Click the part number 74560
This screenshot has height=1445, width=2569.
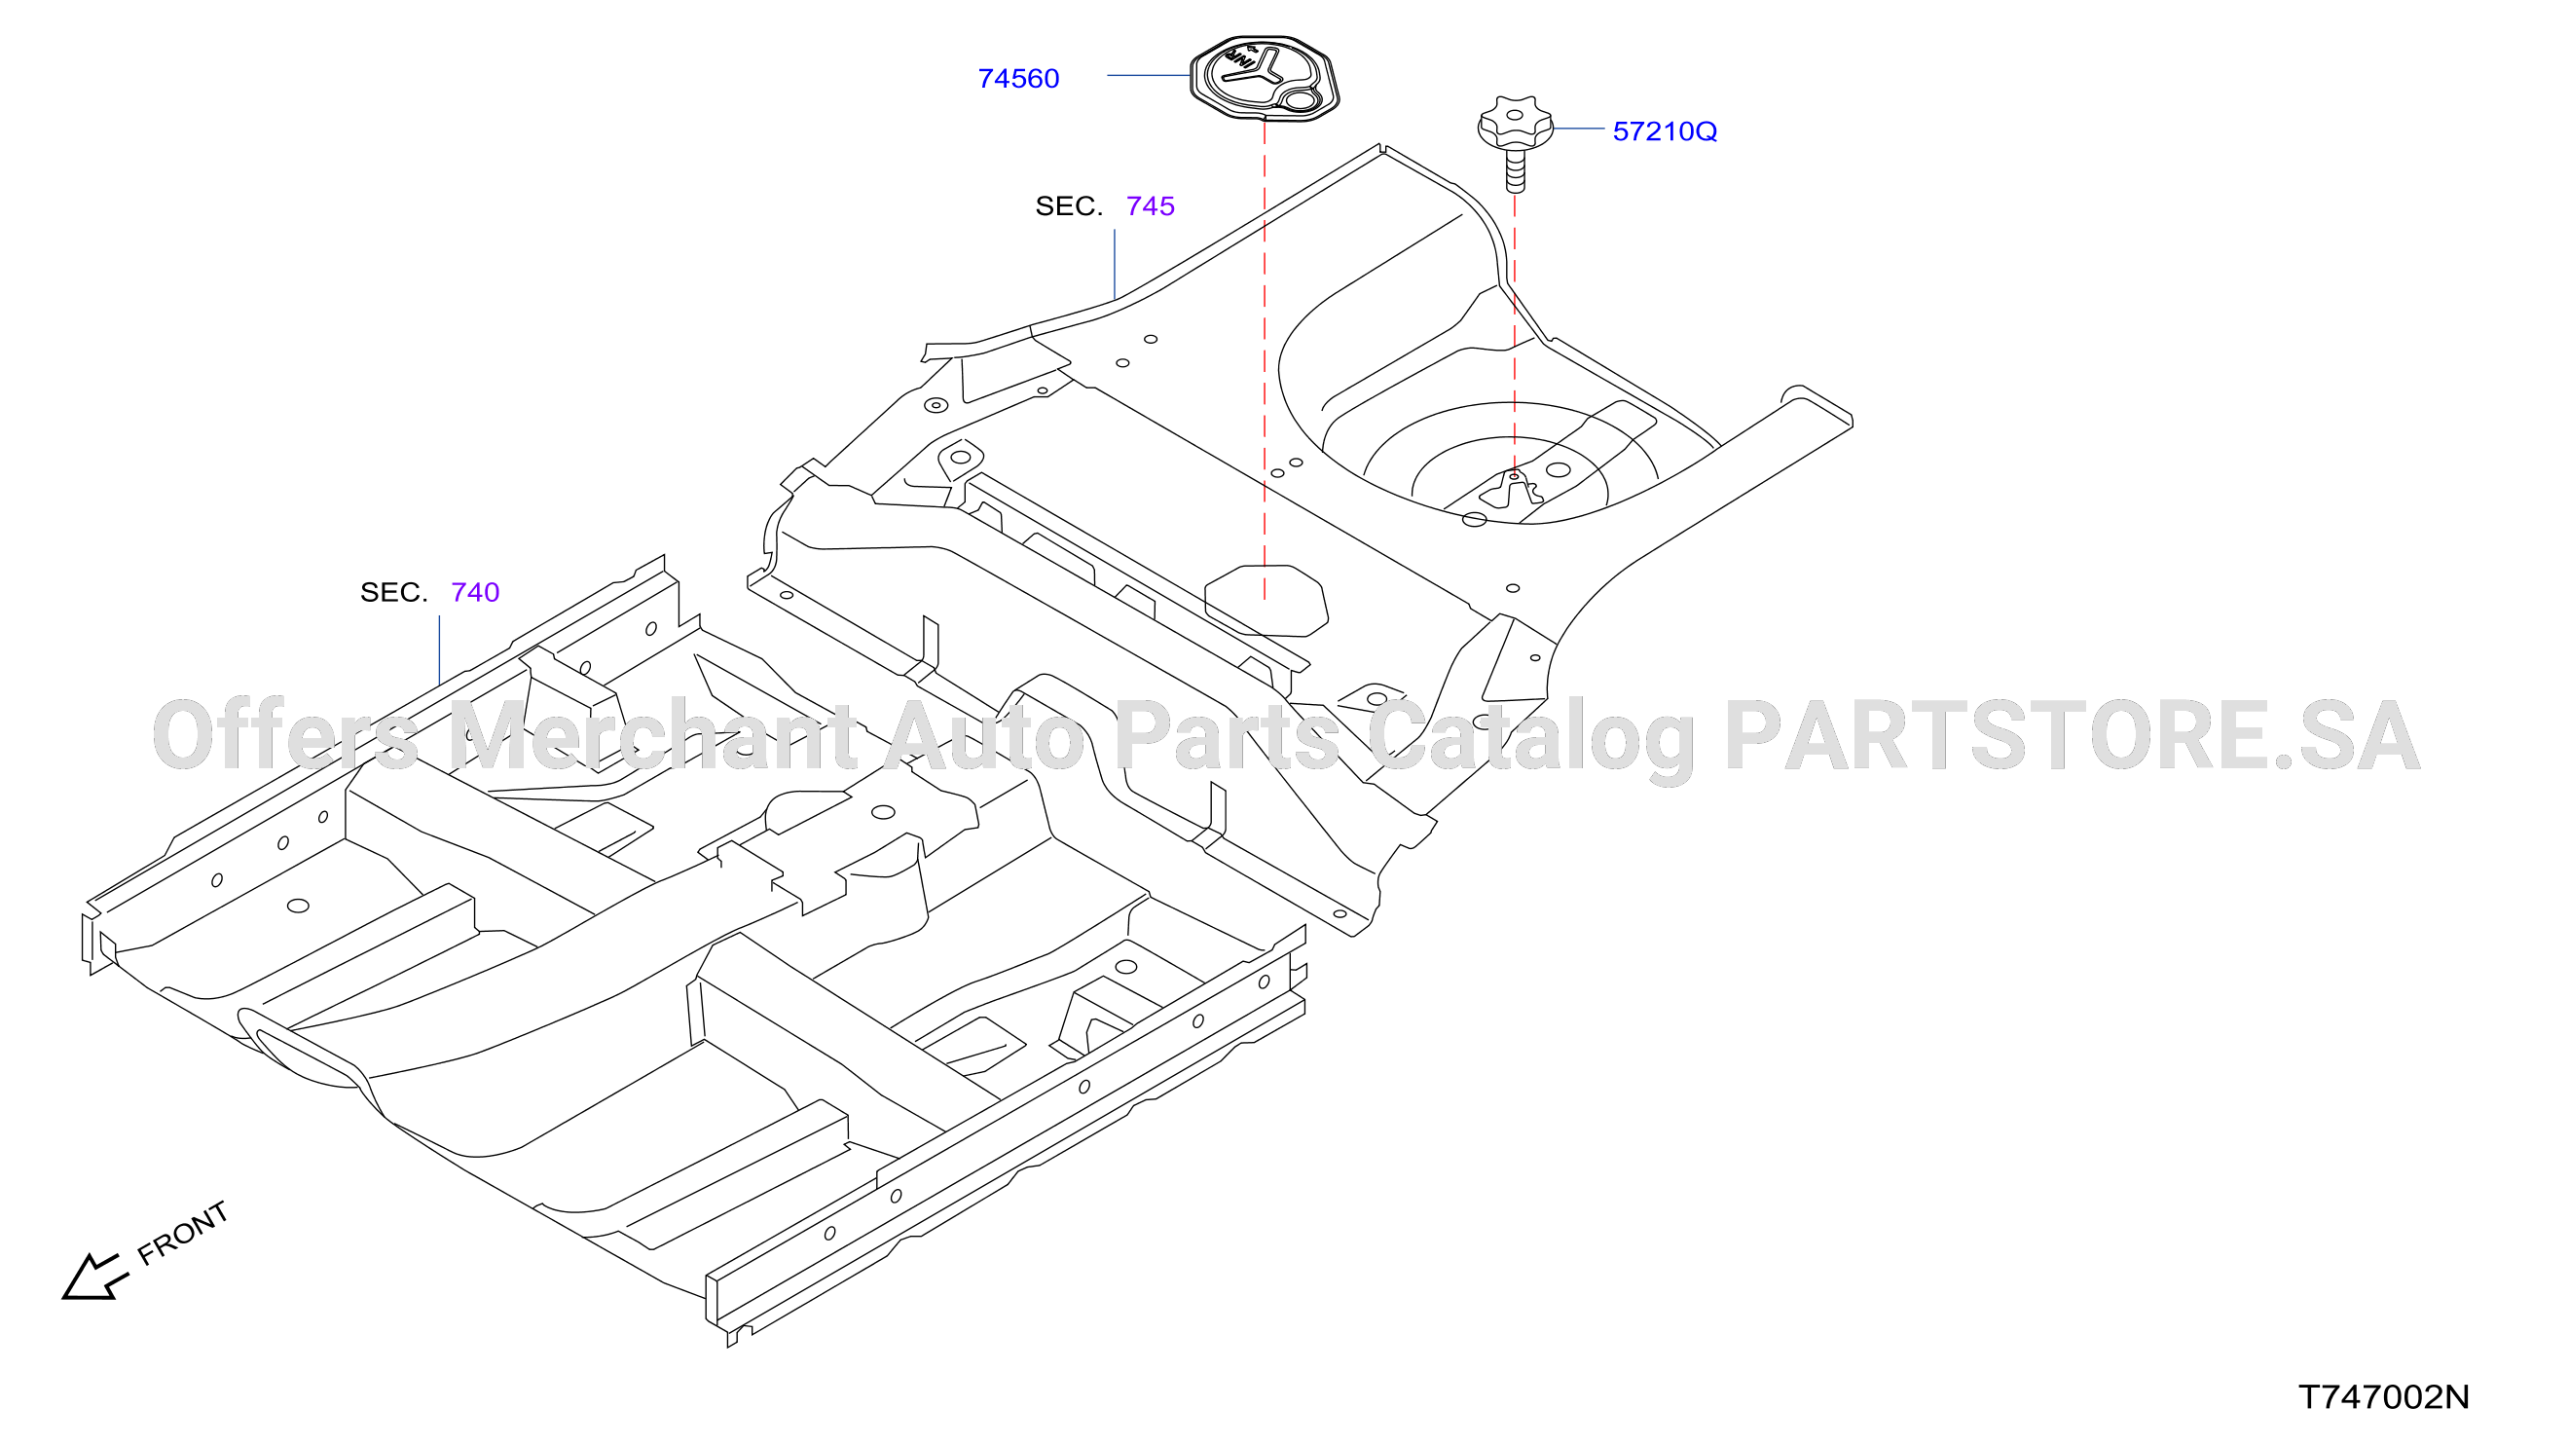[1018, 79]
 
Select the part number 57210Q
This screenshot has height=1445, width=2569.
[1665, 131]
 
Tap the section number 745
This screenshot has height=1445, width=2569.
[1150, 206]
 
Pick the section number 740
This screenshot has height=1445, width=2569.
[475, 592]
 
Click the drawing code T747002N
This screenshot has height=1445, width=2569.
[2383, 1397]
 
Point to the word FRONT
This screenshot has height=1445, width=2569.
[183, 1233]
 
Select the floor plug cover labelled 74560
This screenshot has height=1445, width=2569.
[1265, 78]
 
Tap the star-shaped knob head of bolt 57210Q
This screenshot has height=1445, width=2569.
[1515, 123]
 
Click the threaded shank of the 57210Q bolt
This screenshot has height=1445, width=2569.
[1515, 169]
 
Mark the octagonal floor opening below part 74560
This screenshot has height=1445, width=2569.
[1266, 601]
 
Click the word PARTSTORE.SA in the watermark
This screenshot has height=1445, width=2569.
[2073, 736]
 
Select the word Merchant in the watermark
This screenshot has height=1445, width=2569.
[652, 736]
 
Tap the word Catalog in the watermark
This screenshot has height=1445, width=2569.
[1532, 740]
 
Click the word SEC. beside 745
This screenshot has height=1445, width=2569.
[1069, 206]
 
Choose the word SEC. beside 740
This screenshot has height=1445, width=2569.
[394, 592]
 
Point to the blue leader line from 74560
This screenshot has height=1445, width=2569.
[1149, 75]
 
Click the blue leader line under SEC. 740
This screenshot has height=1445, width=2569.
[440, 650]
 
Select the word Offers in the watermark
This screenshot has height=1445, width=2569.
[285, 736]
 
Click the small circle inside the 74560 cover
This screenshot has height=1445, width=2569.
[1301, 99]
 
